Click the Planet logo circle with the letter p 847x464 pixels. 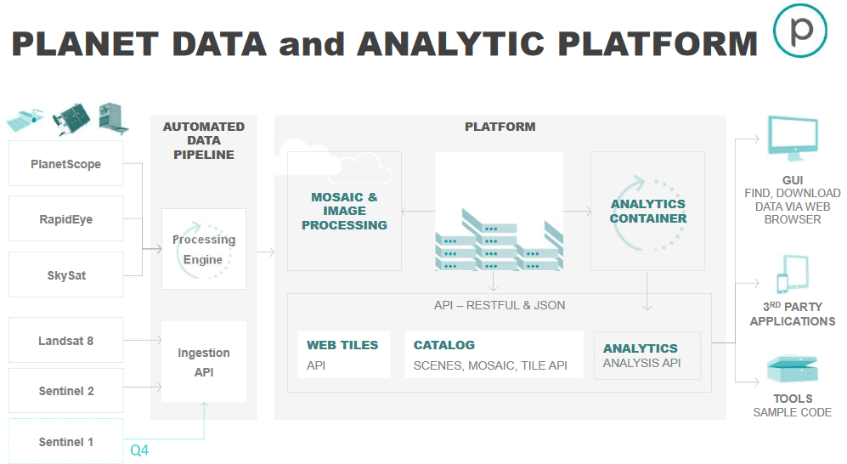(800, 31)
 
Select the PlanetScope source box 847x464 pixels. (66, 164)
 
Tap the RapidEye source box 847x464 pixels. (66, 218)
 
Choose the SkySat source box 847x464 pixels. (66, 274)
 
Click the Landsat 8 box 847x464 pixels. (66, 340)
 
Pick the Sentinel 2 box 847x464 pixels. (66, 391)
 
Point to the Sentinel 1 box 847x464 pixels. (66, 441)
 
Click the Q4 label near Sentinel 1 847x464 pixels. (139, 450)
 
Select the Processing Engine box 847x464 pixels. (204, 249)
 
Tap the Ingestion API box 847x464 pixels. (204, 362)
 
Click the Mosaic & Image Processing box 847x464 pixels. (344, 212)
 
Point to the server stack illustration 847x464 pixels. (500, 239)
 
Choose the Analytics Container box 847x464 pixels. (647, 212)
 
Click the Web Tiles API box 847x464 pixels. (343, 354)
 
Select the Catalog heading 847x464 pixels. (444, 345)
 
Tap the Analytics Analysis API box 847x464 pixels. (647, 355)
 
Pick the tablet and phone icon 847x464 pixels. (793, 274)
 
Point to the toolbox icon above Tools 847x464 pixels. (793, 370)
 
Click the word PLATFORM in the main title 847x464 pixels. (658, 43)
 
